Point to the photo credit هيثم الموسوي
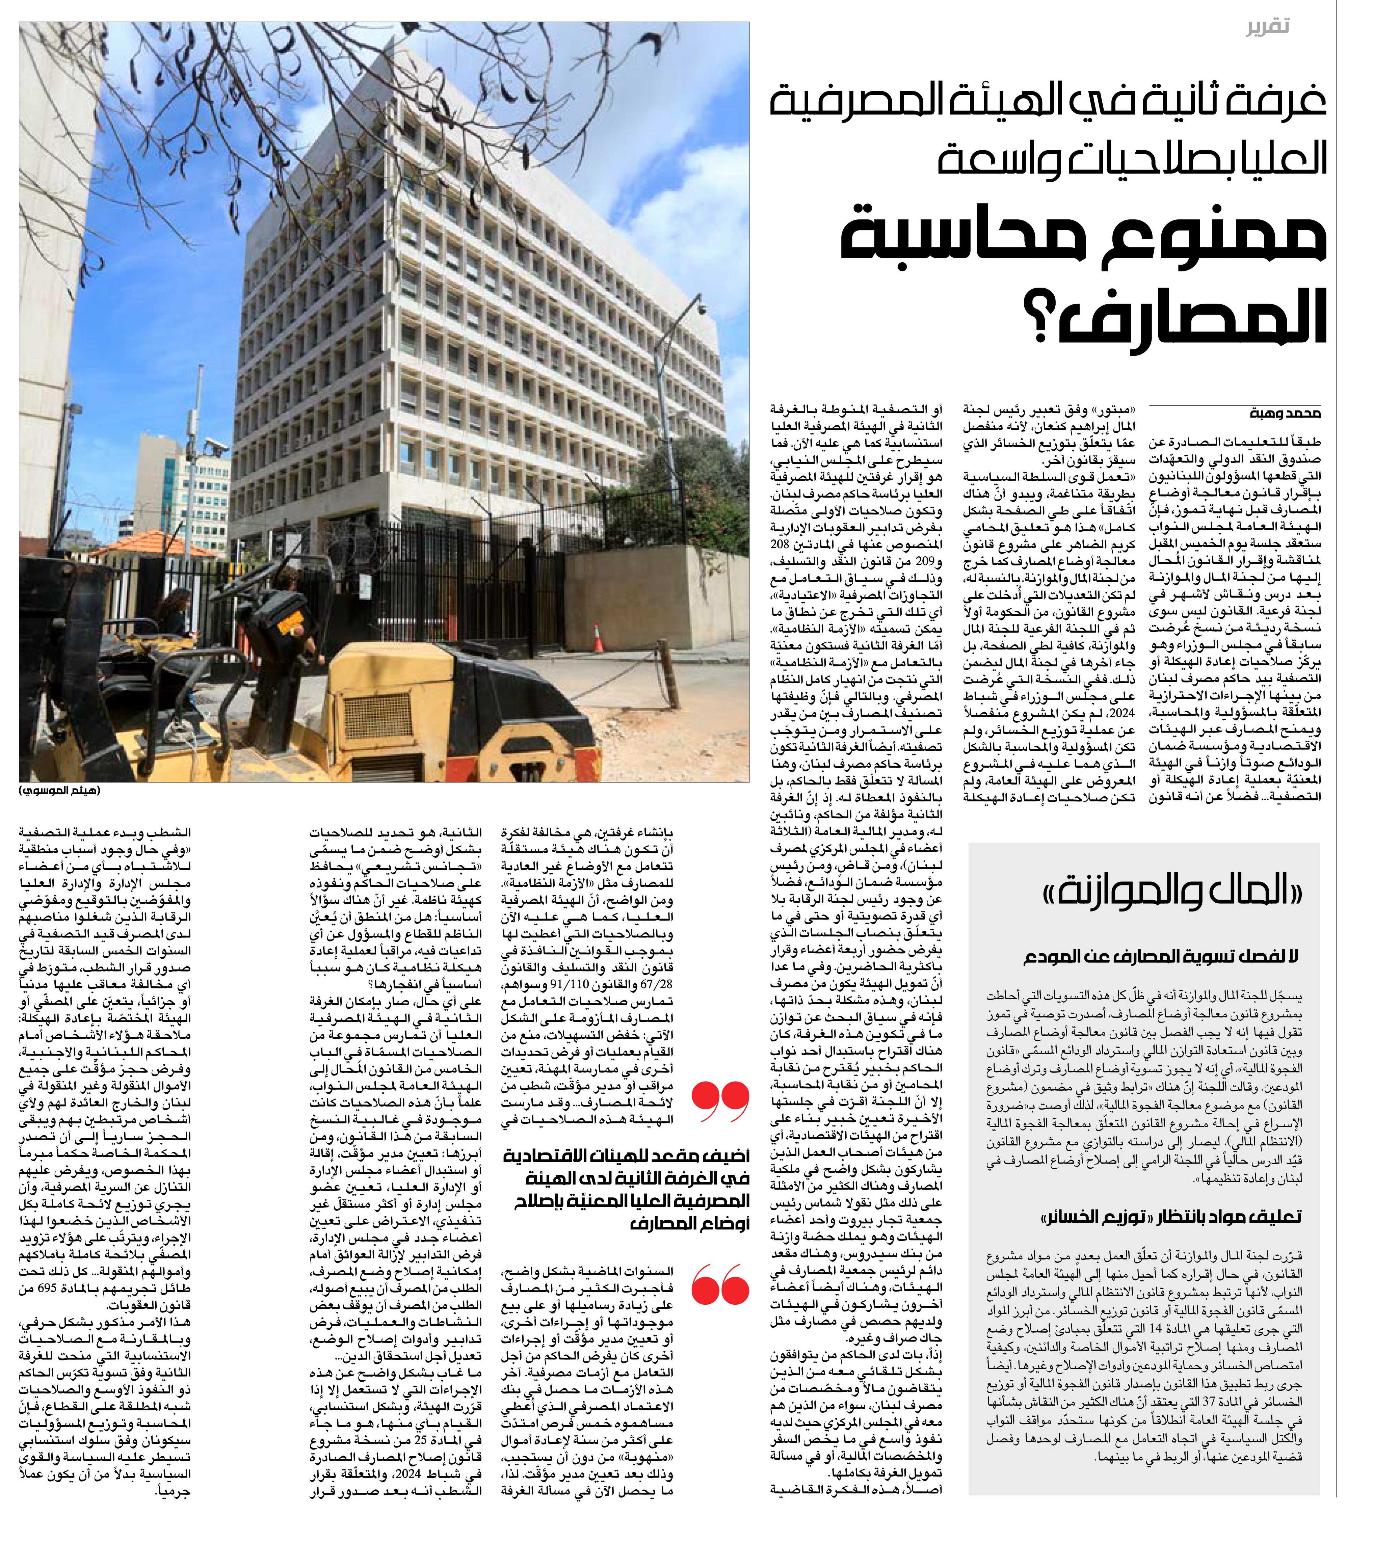pyautogui.click(x=60, y=791)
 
